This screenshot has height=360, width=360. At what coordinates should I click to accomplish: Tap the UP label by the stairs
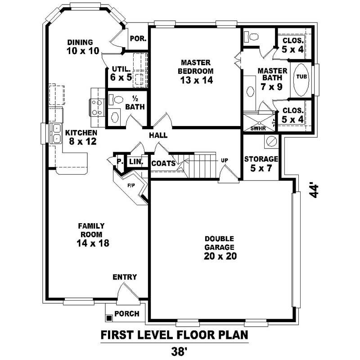tap(224, 160)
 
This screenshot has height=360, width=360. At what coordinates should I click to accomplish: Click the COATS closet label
tap(163, 163)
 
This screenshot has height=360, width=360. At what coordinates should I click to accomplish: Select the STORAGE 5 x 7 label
tap(261, 163)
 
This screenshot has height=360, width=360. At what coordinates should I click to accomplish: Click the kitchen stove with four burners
tap(96, 108)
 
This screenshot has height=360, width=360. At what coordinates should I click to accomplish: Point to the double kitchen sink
tap(57, 133)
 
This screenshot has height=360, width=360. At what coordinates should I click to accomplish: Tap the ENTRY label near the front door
tap(125, 277)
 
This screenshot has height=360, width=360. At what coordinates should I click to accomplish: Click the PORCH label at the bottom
tap(127, 314)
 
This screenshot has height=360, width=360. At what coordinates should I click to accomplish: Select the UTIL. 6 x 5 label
tap(121, 73)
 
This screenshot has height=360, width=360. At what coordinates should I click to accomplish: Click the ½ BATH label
tap(135, 103)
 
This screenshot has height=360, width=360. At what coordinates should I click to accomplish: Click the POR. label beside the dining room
tap(138, 39)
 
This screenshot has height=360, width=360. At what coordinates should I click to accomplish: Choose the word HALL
tap(158, 135)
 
